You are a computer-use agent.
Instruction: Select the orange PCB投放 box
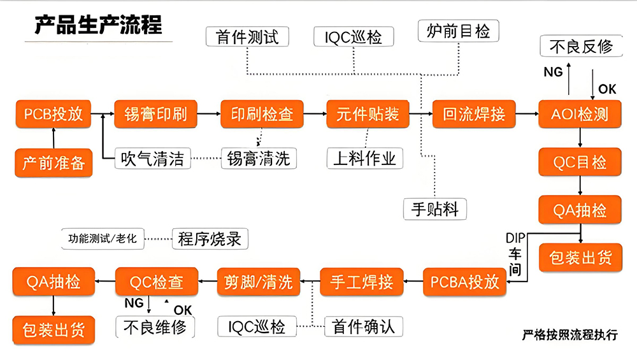pos(54,114)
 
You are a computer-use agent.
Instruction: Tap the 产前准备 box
pos(54,162)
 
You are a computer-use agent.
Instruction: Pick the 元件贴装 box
pos(368,114)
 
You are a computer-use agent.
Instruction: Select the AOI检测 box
pos(580,114)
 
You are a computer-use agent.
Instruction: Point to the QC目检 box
pos(580,162)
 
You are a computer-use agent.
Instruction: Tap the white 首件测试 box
pos(247,36)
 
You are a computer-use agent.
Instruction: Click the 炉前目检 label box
pos(458,31)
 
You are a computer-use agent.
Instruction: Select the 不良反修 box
pos(581,47)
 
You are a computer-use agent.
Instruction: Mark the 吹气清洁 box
pos(154,157)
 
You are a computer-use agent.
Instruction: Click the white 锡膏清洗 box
pos(259,157)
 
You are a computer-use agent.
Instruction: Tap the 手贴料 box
pos(435,208)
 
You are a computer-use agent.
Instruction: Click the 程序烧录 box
pos(210,240)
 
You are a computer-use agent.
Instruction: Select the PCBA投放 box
pos(464,282)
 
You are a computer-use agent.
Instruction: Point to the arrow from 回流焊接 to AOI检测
pos(525,114)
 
